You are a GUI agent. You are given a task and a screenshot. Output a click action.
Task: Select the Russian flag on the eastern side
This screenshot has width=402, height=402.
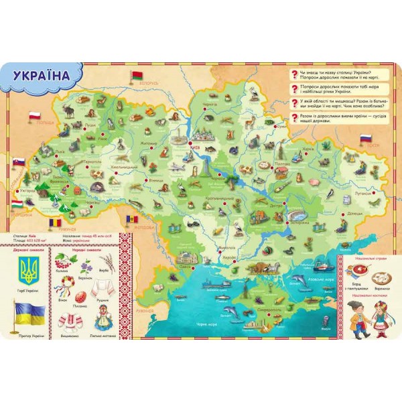coord(366,137)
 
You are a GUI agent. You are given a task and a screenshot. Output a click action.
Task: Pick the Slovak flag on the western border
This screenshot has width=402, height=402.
coord(19,161)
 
